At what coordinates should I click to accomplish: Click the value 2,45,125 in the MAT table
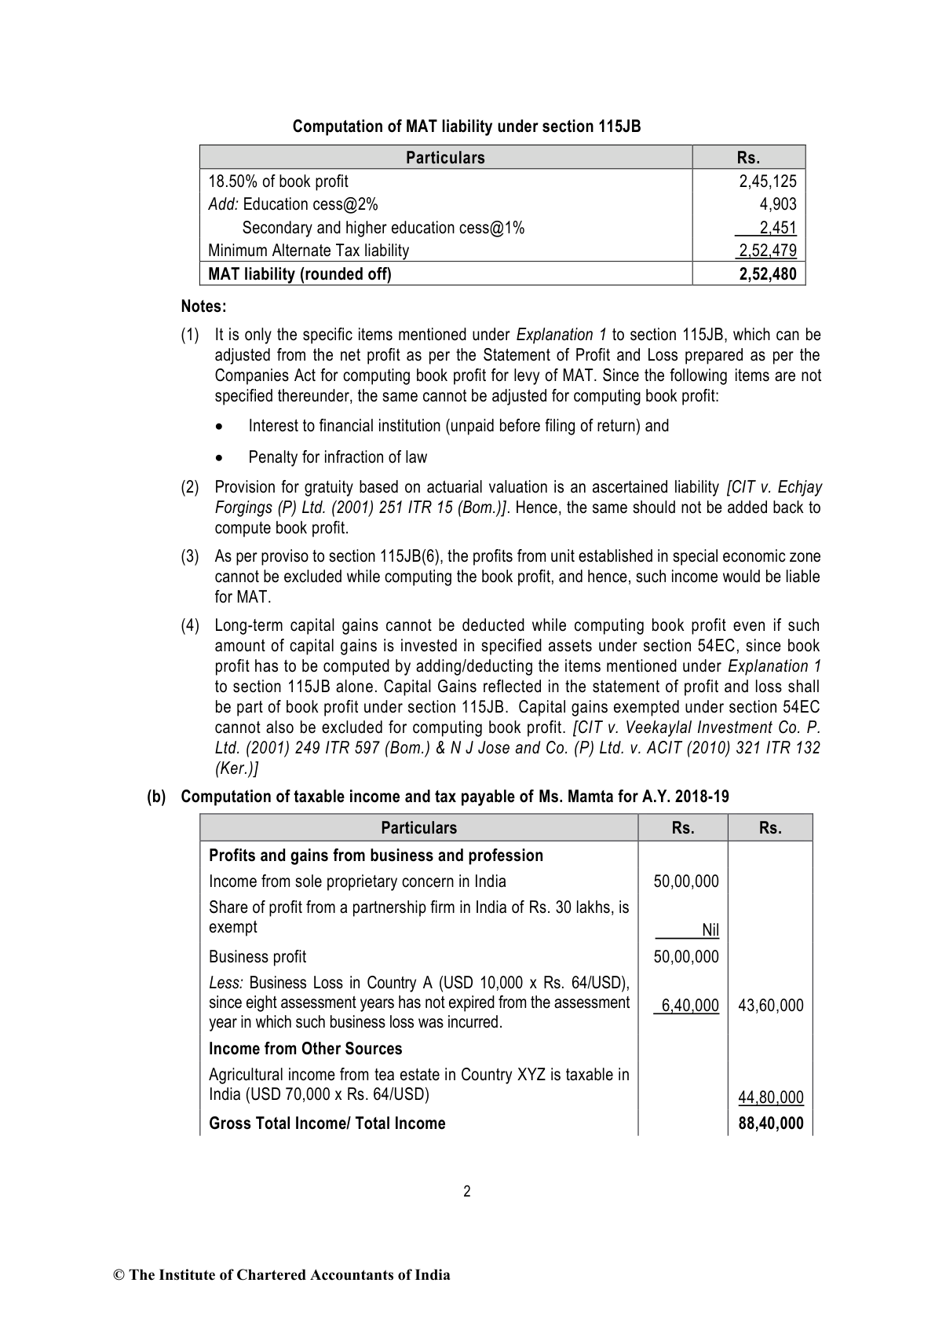pos(767,181)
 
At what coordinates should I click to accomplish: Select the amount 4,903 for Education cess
pos(778,204)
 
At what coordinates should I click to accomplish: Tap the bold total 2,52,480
pos(767,274)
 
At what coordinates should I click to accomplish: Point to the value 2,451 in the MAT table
pos(777,228)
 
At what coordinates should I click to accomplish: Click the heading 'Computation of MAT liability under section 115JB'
pos(466,126)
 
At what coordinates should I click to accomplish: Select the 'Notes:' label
pos(203,306)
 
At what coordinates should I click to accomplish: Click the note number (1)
pos(190,335)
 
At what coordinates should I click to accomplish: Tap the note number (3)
pos(190,556)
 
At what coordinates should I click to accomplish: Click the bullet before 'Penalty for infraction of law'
pos(221,457)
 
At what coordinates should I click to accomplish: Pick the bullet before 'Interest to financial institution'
pos(221,427)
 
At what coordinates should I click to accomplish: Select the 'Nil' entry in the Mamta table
pos(710,930)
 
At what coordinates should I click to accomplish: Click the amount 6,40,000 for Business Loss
pos(689,1006)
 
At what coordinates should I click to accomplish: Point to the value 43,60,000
pos(770,1006)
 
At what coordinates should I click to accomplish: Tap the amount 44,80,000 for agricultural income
pos(770,1098)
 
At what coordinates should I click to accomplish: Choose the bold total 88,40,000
pos(770,1123)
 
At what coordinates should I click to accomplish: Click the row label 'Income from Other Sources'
pos(305,1049)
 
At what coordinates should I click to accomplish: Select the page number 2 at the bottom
pos(467,1192)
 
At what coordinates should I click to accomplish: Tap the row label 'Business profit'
pos(257,957)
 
